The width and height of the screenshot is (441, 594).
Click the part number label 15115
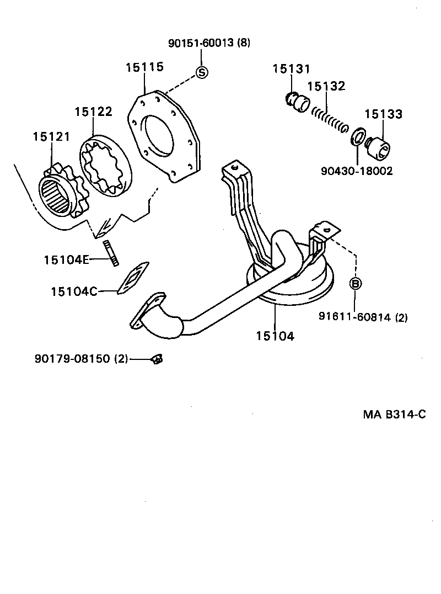click(x=144, y=67)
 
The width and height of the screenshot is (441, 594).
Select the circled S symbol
click(x=202, y=72)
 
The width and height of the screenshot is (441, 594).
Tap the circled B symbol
click(x=356, y=284)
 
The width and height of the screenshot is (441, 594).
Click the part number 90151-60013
click(x=201, y=43)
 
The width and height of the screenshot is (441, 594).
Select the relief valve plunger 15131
click(x=298, y=102)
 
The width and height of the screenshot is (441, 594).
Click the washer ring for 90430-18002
click(x=357, y=136)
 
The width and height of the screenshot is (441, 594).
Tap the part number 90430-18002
click(x=356, y=171)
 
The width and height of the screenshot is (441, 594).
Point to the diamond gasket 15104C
click(x=132, y=280)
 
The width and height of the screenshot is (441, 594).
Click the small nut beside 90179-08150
click(x=156, y=359)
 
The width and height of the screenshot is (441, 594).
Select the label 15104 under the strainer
click(x=275, y=335)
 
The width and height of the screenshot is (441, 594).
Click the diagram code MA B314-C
click(x=394, y=415)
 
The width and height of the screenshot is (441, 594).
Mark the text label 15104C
click(x=73, y=291)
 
